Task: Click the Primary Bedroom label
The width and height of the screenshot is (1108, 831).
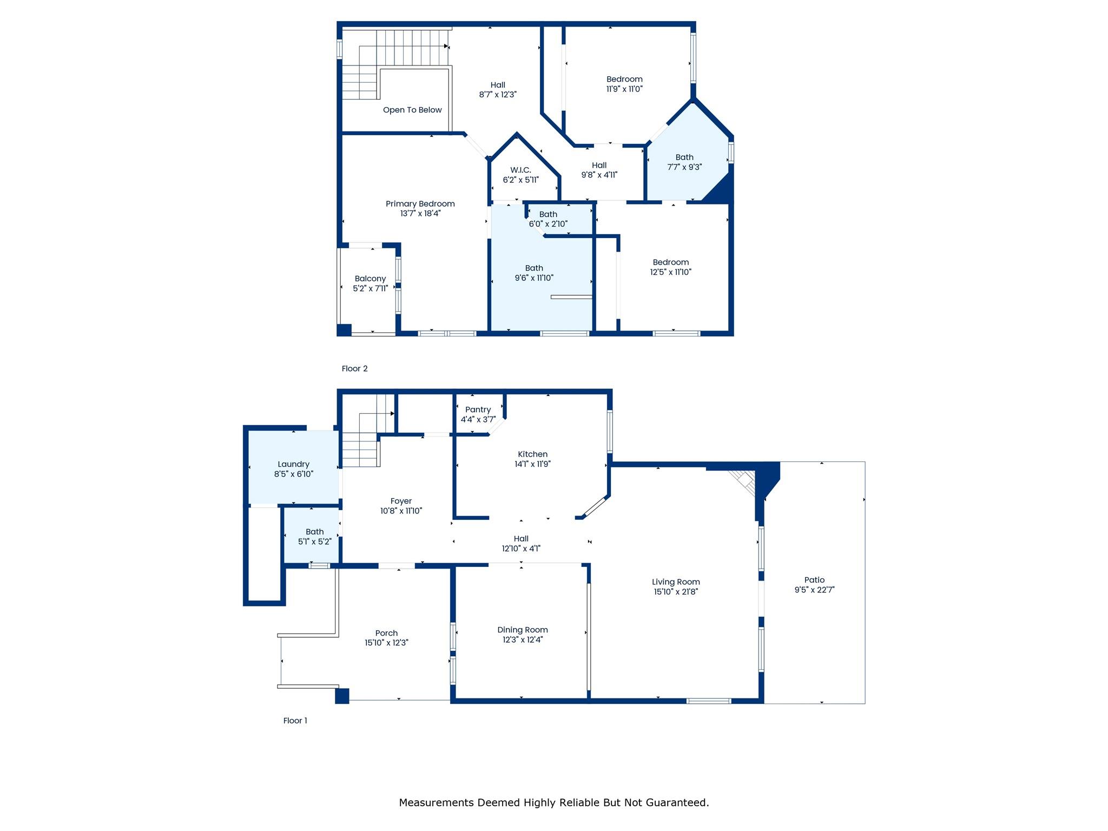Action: pyautogui.click(x=420, y=204)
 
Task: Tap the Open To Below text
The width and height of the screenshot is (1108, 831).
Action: pyautogui.click(x=412, y=110)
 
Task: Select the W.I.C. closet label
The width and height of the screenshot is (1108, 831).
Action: pyautogui.click(x=520, y=170)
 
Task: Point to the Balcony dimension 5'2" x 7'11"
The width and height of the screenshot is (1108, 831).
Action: pyautogui.click(x=370, y=288)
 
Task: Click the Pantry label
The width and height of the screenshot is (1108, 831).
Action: pyautogui.click(x=478, y=410)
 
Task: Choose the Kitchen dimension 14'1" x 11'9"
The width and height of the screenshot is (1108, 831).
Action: pyautogui.click(x=532, y=464)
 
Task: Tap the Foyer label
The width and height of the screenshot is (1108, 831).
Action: pyautogui.click(x=401, y=501)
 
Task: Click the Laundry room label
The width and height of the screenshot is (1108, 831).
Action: pyautogui.click(x=293, y=464)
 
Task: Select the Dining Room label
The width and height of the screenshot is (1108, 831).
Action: pyautogui.click(x=523, y=630)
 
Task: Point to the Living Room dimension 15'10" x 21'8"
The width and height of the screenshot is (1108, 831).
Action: pyautogui.click(x=676, y=592)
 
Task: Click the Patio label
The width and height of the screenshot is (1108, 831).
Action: pyautogui.click(x=814, y=580)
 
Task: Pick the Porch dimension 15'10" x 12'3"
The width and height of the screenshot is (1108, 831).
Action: pyautogui.click(x=386, y=643)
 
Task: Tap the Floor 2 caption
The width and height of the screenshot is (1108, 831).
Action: pyautogui.click(x=354, y=368)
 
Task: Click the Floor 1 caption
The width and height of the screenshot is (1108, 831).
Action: pyautogui.click(x=295, y=721)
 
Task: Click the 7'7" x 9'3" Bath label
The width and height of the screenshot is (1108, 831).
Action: pyautogui.click(x=684, y=157)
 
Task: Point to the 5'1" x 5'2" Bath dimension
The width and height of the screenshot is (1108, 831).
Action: pyautogui.click(x=314, y=542)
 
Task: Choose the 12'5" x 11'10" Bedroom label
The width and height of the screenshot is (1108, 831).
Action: pyautogui.click(x=671, y=262)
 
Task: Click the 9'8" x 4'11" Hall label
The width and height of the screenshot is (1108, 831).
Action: pyautogui.click(x=599, y=166)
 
